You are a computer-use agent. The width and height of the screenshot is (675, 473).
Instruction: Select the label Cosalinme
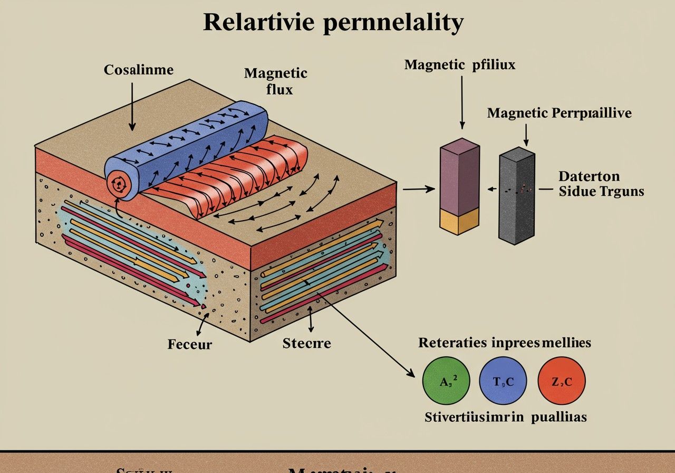coord(138,70)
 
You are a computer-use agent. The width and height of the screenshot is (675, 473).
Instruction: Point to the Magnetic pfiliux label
coord(459,65)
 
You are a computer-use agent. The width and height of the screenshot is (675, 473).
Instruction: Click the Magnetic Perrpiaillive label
coord(559,113)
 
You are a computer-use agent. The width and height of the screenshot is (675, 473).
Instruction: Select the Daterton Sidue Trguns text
coord(601,184)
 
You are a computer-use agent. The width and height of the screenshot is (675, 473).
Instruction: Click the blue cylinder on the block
coord(200,143)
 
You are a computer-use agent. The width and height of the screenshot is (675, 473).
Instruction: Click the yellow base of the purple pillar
coord(459,220)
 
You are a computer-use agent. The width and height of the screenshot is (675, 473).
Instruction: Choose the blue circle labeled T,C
coord(503,381)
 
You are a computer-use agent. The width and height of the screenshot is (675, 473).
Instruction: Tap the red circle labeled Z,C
coord(561,381)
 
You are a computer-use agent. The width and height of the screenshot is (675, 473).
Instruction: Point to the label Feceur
coord(190,345)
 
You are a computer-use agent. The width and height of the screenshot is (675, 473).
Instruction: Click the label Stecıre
coord(306,344)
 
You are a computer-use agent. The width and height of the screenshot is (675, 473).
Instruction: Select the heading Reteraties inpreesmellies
coord(504,343)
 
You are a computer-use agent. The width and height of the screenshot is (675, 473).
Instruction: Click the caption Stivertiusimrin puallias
coord(505,417)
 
